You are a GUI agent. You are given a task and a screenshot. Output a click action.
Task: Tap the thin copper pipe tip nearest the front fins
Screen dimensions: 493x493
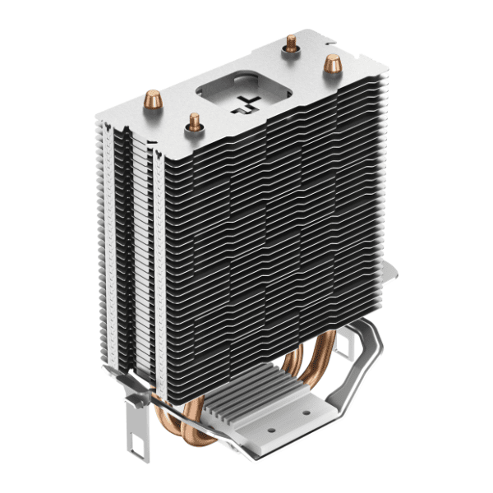pos(195,122)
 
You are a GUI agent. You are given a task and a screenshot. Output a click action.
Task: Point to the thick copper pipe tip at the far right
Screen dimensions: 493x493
pos(332,62)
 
